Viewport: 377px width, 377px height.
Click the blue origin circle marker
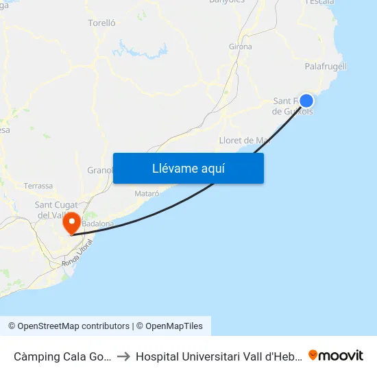(306, 101)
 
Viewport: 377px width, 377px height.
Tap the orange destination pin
(71, 223)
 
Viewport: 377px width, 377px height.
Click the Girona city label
(240, 47)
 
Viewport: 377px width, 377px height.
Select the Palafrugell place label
(326, 66)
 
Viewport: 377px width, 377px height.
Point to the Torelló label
(101, 23)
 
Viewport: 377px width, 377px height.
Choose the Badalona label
(97, 223)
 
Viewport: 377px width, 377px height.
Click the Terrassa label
(38, 186)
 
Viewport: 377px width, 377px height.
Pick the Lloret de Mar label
(244, 141)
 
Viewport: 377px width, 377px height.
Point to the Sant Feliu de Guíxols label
(293, 106)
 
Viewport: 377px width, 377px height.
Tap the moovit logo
(336, 355)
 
